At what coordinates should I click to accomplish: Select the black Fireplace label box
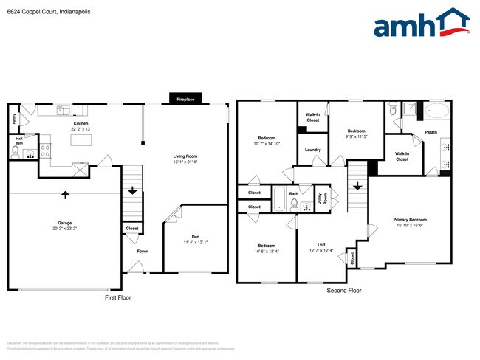click(x=185, y=99)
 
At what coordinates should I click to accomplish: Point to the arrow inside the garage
click(x=65, y=195)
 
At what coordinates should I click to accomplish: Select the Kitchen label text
click(x=80, y=123)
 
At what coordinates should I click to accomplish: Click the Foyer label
click(x=142, y=252)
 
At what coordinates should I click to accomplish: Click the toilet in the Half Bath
click(x=15, y=151)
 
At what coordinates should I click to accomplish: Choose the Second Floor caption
click(x=345, y=291)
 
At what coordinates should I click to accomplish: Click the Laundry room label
click(x=312, y=150)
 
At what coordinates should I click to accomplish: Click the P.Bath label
click(x=430, y=132)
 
